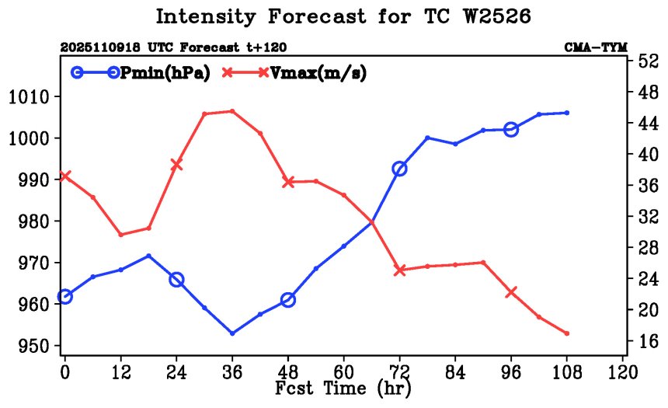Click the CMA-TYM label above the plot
pos(596,47)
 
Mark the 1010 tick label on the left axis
pos(30,97)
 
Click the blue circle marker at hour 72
pos(399,169)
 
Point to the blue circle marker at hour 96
pos(511,129)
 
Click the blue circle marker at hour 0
pos(64,296)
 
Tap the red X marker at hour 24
pos(176,164)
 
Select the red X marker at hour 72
pos(399,270)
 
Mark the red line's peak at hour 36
pos(232,111)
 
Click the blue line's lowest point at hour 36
pos(232,333)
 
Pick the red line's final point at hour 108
pos(567,333)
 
